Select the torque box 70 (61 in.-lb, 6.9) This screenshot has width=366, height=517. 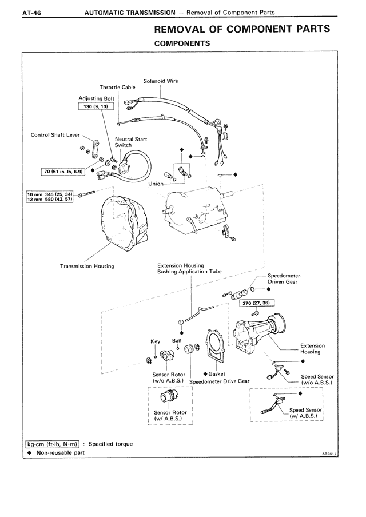coord(62,171)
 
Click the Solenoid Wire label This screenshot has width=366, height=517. coord(161,81)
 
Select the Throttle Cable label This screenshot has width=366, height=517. coord(117,88)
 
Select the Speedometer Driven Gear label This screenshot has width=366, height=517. coord(284,279)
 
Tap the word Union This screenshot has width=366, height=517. coord(156,184)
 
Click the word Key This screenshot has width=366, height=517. coord(155,341)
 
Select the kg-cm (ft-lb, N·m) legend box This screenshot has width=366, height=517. coord(52,443)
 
